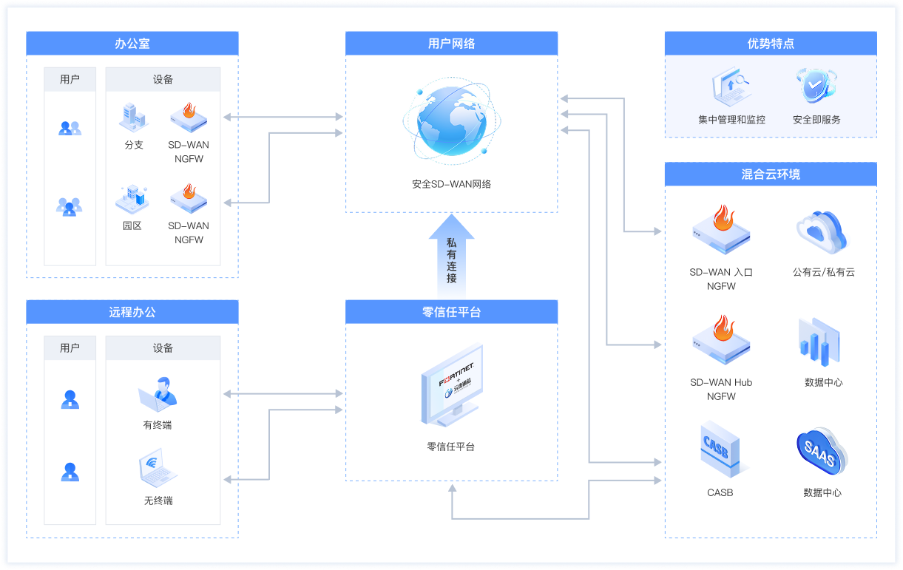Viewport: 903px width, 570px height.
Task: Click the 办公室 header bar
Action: click(x=132, y=44)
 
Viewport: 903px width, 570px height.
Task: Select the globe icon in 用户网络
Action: click(x=450, y=123)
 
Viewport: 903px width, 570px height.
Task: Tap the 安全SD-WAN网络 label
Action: click(x=451, y=183)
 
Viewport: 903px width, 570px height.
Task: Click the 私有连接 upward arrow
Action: click(x=451, y=255)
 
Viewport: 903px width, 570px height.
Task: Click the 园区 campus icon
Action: click(x=132, y=197)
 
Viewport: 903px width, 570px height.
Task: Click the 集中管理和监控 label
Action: click(x=731, y=119)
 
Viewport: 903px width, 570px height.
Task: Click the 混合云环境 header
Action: click(x=771, y=174)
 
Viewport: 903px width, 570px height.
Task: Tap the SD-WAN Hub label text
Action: click(x=721, y=382)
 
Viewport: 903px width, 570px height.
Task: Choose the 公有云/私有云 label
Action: click(x=823, y=272)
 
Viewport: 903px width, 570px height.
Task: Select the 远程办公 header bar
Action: click(x=132, y=312)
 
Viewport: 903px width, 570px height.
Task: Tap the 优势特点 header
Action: click(x=771, y=44)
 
